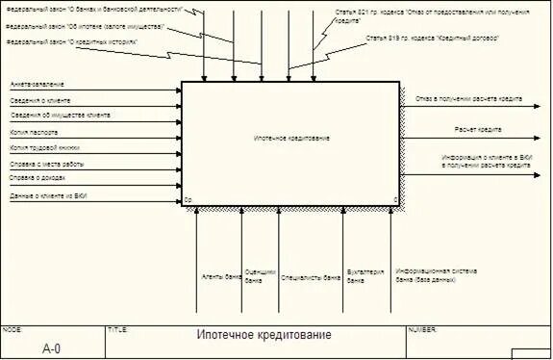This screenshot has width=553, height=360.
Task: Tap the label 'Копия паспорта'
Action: [x=34, y=132]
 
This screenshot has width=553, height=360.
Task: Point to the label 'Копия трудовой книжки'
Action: [x=45, y=148]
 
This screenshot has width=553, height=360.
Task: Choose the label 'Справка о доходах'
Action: [x=38, y=178]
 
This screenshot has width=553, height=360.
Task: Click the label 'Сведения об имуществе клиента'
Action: [x=59, y=116]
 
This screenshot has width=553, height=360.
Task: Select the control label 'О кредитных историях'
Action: [x=72, y=43]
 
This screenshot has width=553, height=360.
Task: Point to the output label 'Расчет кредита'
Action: [x=473, y=128]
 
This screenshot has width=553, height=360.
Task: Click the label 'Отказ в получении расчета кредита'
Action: [x=468, y=99]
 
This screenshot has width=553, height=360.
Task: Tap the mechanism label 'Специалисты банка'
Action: [x=311, y=276]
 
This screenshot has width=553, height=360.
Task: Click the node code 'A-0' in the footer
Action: [x=52, y=348]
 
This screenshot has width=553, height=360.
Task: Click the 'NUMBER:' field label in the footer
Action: [x=424, y=329]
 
